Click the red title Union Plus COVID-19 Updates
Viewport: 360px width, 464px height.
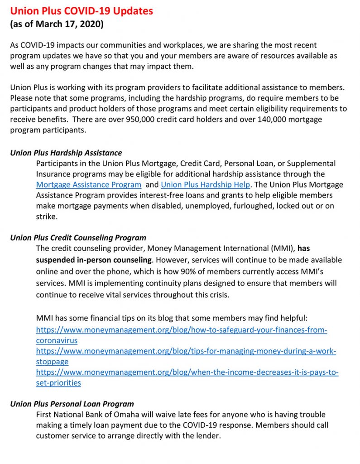pyautogui.click(x=82, y=11)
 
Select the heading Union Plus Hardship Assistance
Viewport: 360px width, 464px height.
pyautogui.click(x=66, y=153)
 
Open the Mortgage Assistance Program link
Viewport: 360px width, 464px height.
pyautogui.click(x=89, y=185)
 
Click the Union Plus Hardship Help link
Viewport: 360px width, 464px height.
pyautogui.click(x=205, y=185)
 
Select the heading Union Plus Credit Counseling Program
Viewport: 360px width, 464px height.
pyautogui.click(x=78, y=237)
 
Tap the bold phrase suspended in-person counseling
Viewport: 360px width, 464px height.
pyautogui.click(x=94, y=260)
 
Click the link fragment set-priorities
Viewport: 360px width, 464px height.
pyautogui.click(x=58, y=383)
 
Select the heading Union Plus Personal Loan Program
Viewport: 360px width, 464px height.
pyautogui.click(x=72, y=404)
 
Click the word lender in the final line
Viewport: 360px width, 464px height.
pyautogui.click(x=206, y=436)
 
